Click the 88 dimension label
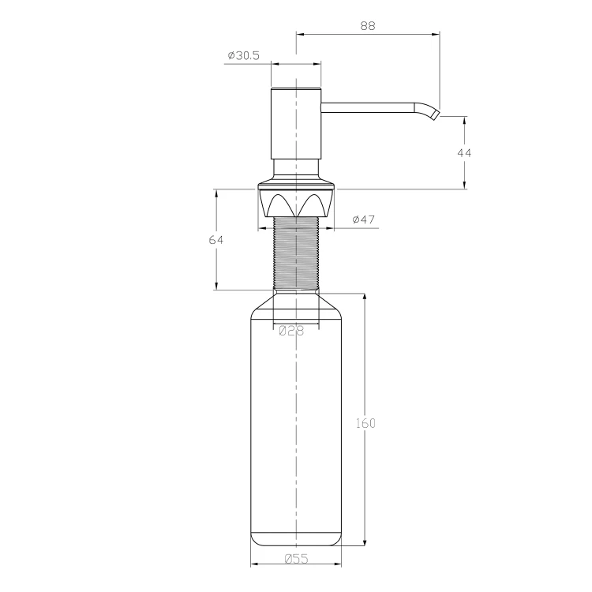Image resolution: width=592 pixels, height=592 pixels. click(368, 26)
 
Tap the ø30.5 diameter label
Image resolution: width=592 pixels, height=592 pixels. click(244, 55)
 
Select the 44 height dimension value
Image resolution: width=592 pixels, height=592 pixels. click(464, 153)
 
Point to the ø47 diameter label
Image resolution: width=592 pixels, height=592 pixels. click(364, 219)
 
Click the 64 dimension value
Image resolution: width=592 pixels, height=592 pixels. click(216, 240)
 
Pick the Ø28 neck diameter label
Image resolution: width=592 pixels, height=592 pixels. click(291, 331)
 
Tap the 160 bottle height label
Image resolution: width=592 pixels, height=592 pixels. click(365, 423)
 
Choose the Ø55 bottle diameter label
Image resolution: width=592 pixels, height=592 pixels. click(296, 558)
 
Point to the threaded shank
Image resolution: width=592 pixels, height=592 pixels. click(296, 253)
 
